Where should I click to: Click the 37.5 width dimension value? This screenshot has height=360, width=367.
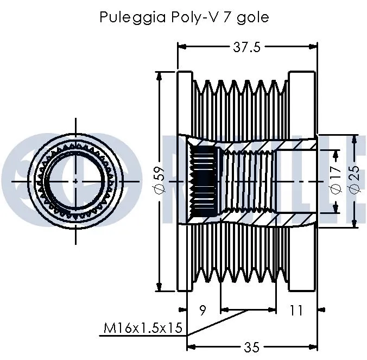coord(246,47)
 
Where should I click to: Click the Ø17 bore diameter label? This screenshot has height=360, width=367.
coord(335,181)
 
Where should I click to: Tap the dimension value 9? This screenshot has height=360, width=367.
coord(203,311)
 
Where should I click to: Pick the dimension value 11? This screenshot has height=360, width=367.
coord(295,311)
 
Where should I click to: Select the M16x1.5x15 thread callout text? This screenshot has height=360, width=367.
coord(142,329)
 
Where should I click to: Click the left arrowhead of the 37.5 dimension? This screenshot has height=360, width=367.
coord(181,47)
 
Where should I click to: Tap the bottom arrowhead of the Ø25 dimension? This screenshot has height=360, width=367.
coord(355,223)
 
